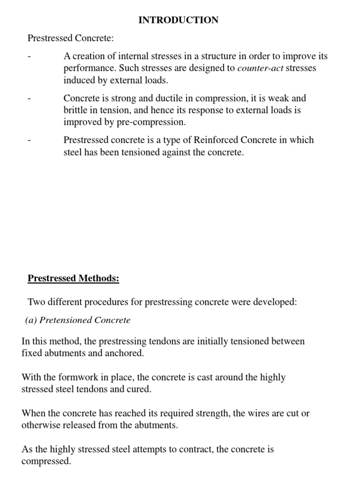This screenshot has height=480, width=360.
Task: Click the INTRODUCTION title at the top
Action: coord(178,20)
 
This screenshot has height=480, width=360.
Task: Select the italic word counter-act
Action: coord(260,68)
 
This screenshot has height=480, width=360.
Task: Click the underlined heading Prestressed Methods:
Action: coord(74,278)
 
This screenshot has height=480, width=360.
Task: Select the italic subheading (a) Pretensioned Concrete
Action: coord(77,321)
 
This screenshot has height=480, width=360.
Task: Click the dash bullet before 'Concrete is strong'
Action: coord(29,99)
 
